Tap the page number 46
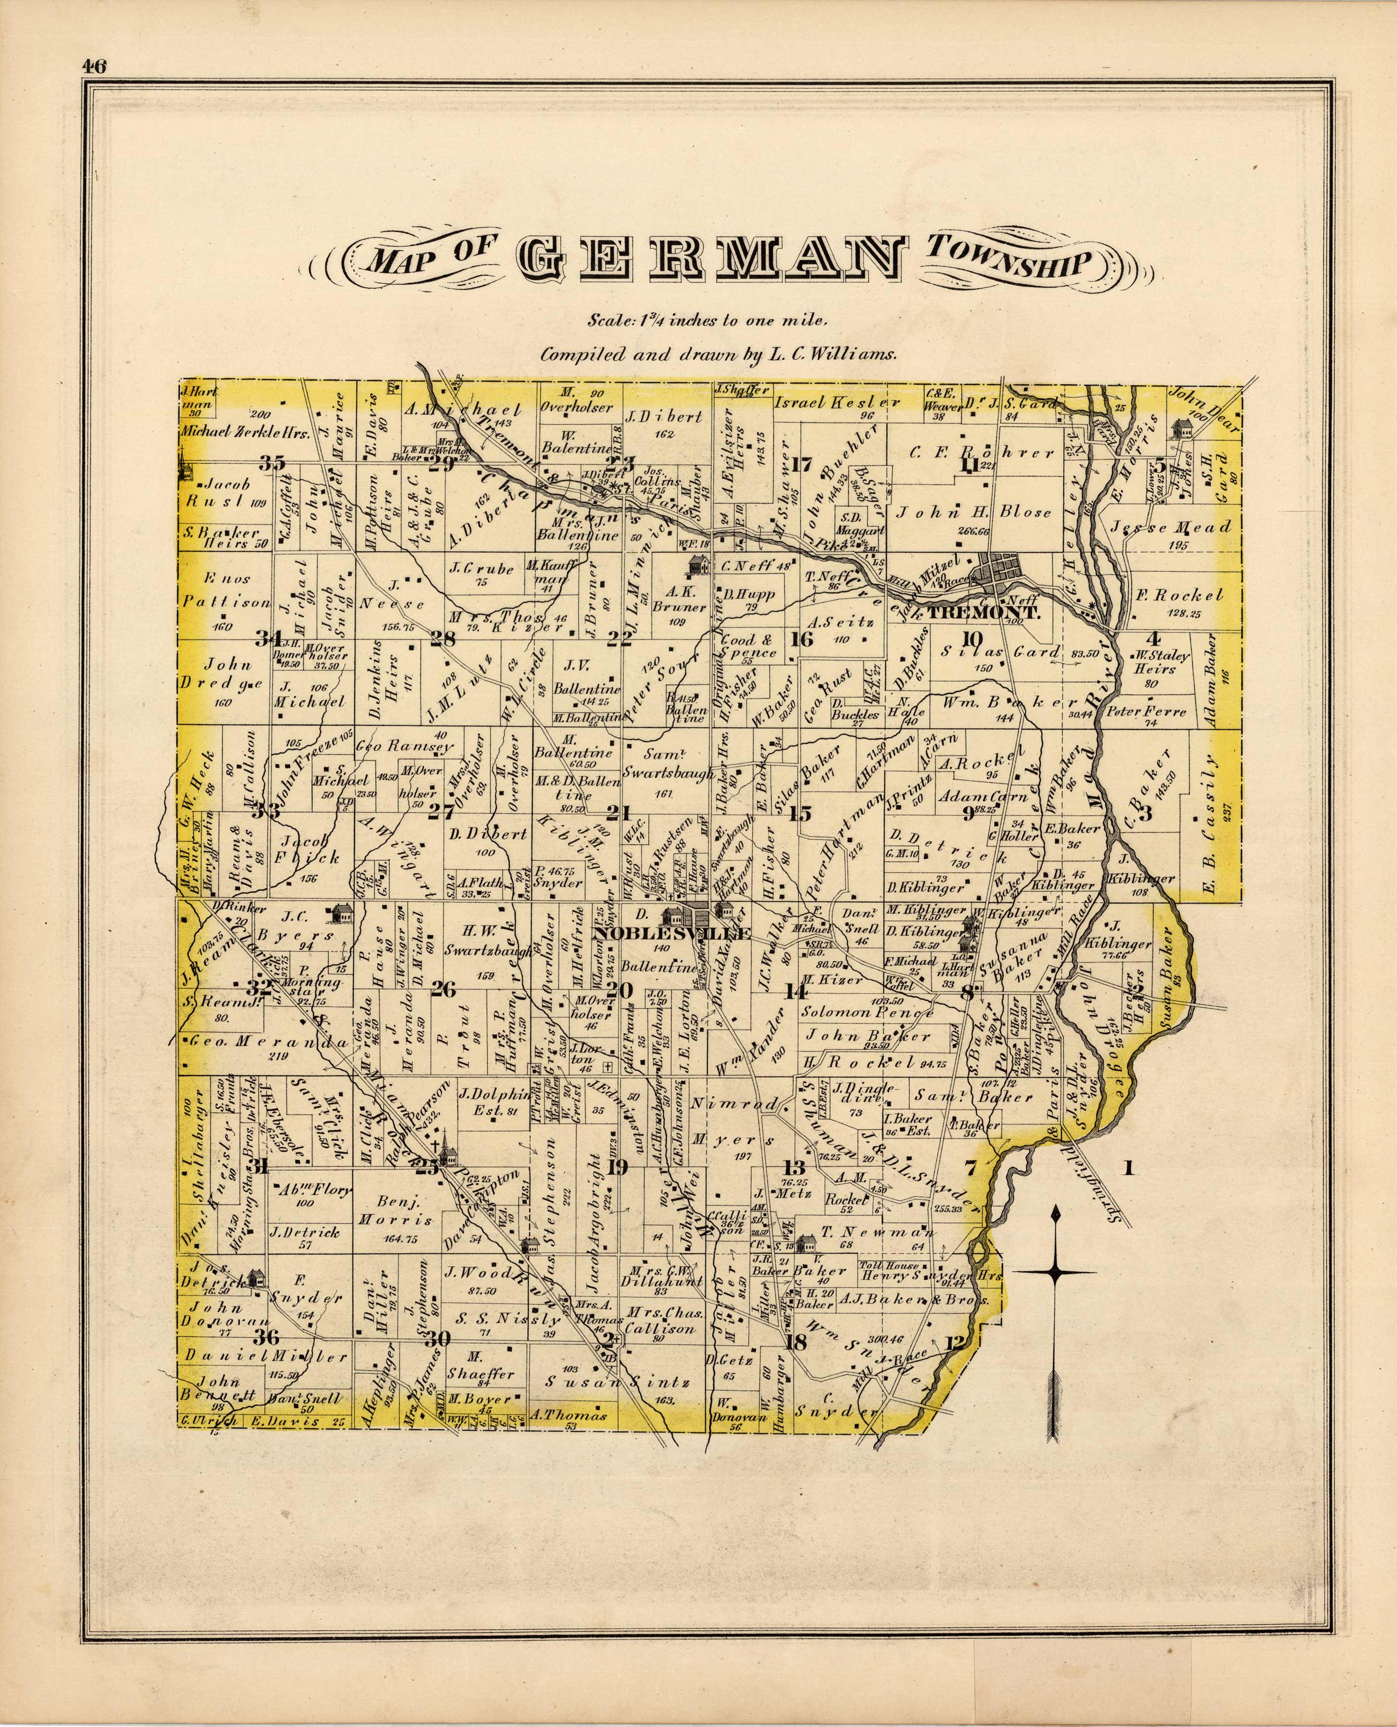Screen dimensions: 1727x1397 pos(93,68)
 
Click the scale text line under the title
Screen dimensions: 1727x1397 pos(706,320)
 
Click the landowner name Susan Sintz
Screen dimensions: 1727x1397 pos(617,1382)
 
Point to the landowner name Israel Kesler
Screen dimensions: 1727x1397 pos(837,401)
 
